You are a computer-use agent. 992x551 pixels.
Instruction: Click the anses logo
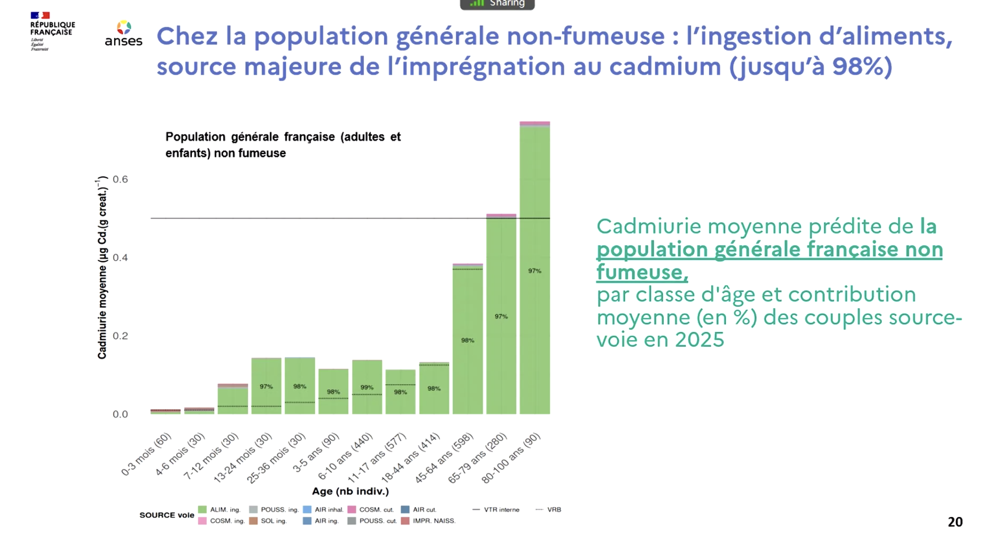pos(124,34)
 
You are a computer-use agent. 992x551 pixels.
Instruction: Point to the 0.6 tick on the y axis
pos(120,179)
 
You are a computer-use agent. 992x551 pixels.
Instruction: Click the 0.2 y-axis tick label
pos(120,336)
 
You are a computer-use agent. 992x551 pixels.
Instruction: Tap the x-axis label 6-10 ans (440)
pos(345,456)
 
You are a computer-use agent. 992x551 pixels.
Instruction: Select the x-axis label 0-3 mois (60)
pos(146,454)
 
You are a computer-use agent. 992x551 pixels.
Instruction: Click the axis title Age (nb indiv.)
pos(350,491)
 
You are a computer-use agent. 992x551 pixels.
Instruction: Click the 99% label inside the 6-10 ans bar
pos(366,387)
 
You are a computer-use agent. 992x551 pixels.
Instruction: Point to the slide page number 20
pos(955,522)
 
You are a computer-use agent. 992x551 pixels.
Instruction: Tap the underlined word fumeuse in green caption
pos(641,272)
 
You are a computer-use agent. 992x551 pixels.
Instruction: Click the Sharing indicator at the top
pos(497,4)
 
